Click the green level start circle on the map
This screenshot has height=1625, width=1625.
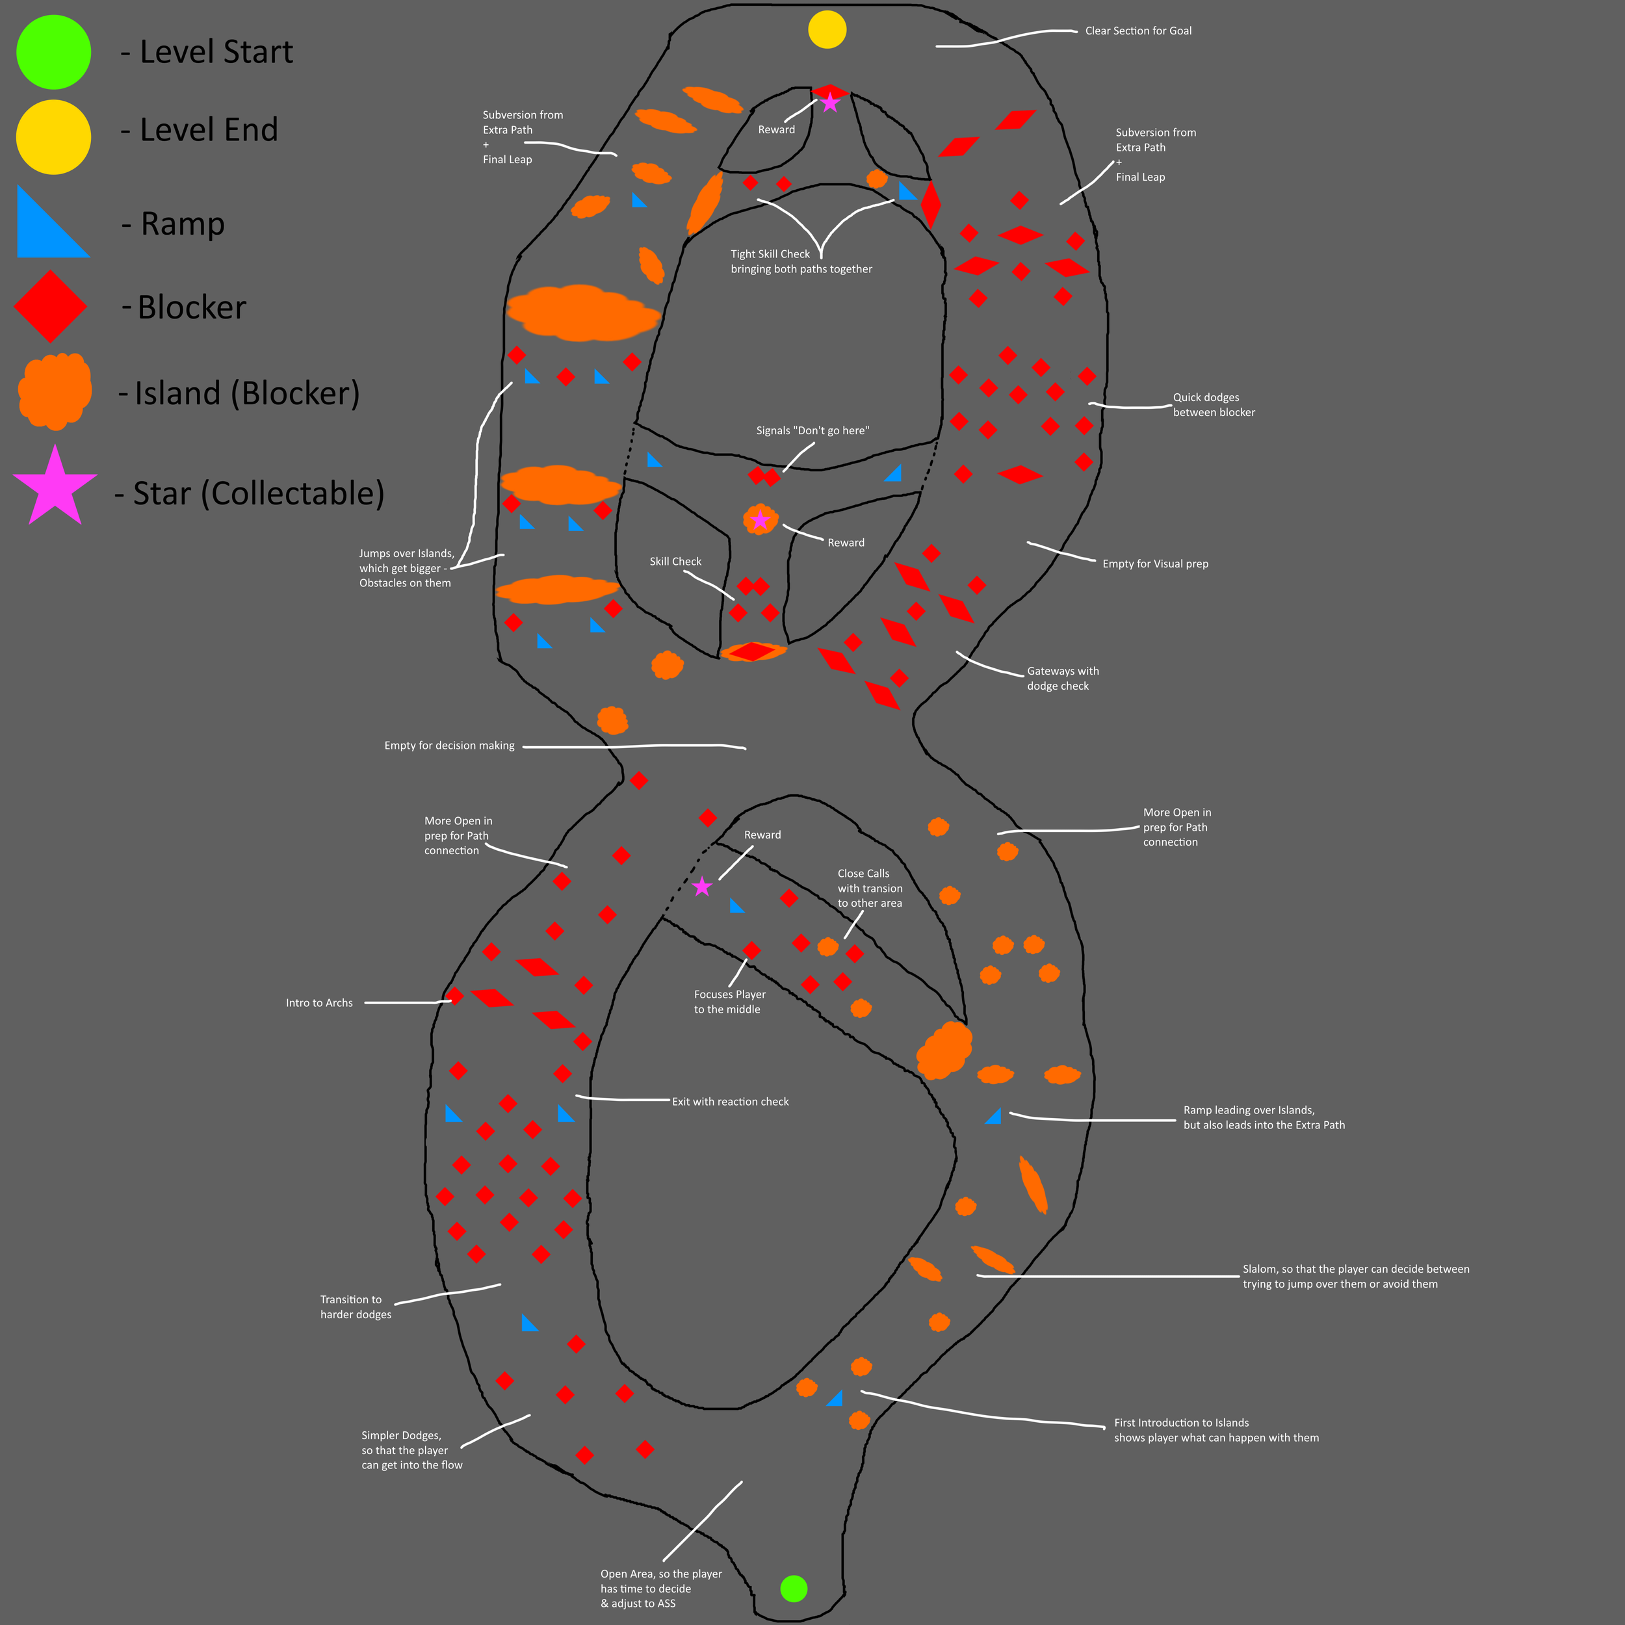[x=793, y=1588]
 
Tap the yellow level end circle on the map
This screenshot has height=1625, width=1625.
[x=827, y=31]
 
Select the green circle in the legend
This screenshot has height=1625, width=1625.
[x=54, y=52]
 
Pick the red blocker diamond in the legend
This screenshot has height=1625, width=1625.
[x=51, y=306]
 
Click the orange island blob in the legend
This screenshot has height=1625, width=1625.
[x=55, y=391]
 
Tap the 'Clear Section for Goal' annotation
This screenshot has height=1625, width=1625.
[x=1137, y=31]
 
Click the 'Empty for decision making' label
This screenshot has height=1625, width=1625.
[x=449, y=745]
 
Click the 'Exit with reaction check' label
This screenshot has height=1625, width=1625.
[x=730, y=1101]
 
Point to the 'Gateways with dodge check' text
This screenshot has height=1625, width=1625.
[x=1062, y=678]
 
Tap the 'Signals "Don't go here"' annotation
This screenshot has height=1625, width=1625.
[x=812, y=431]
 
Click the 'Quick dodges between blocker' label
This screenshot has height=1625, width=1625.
[x=1213, y=404]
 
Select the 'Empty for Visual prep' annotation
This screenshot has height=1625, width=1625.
[x=1155, y=564]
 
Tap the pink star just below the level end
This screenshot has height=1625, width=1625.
[x=830, y=103]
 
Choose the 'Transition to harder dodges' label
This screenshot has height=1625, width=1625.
[x=355, y=1306]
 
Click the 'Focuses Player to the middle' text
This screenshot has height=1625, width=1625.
[x=729, y=1002]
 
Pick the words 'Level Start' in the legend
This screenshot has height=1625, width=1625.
[x=216, y=52]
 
